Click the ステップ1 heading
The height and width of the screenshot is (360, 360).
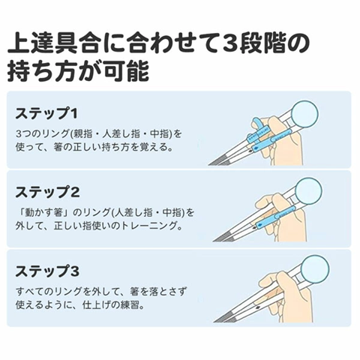pos(46,113)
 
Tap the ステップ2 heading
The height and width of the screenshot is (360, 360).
pos(47,192)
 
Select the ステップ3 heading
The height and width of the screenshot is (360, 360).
pos(47,271)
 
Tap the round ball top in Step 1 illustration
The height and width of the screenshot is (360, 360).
pos(304,113)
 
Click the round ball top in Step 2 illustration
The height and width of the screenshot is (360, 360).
pos(308,191)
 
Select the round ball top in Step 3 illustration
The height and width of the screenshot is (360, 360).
pos(315,269)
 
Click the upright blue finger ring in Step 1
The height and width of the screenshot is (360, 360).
pos(256,125)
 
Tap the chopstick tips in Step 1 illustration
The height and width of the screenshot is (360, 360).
pos(217,162)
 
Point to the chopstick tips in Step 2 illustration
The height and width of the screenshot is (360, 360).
pos(222,238)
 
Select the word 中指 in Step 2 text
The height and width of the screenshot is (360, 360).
pos(172,213)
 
